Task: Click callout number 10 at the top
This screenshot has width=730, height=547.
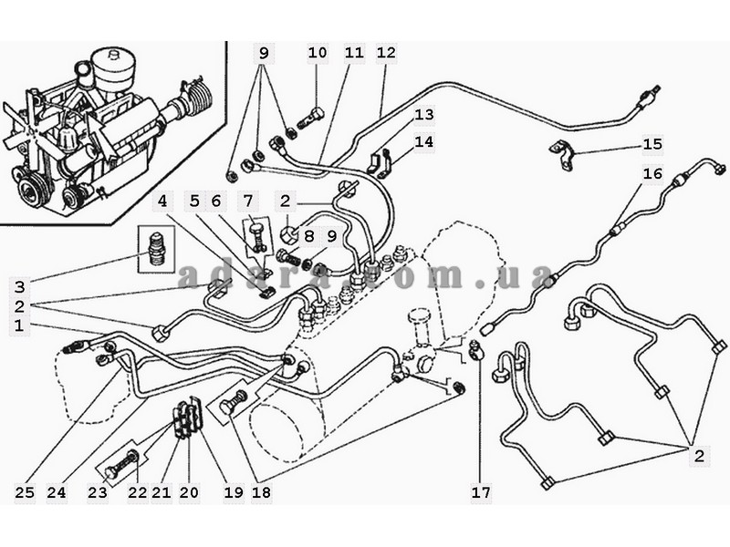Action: click(x=317, y=53)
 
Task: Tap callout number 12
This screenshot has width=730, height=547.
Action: click(x=386, y=53)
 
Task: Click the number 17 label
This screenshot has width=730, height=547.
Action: click(x=481, y=493)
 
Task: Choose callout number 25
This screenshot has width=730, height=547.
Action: click(x=25, y=493)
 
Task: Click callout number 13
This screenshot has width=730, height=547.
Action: click(x=423, y=115)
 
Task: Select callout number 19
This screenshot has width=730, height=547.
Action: click(x=233, y=493)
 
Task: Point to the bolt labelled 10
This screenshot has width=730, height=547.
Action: click(x=313, y=119)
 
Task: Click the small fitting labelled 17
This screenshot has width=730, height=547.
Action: click(x=475, y=349)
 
